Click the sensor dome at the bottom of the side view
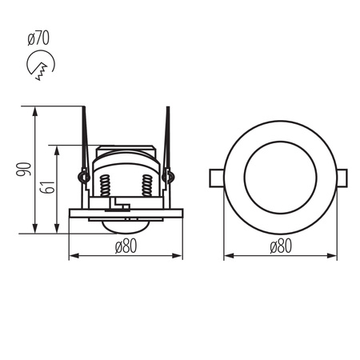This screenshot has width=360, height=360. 126,226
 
